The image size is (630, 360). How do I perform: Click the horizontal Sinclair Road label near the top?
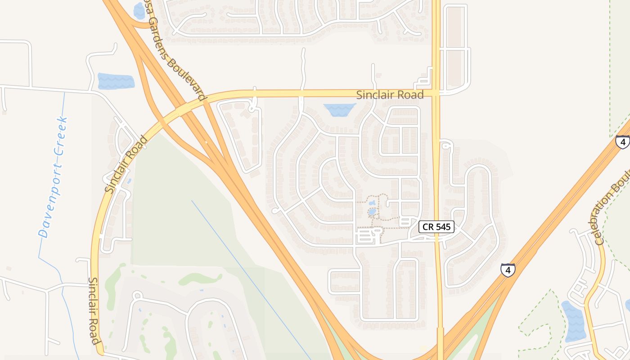coord(390,95)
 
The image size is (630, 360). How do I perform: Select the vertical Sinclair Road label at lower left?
coord(94,310)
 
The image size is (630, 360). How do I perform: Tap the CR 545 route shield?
coord(436,227)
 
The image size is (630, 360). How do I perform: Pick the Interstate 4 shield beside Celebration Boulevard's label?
coord(622,142)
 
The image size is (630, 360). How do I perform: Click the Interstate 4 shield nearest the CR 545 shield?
coord(508,270)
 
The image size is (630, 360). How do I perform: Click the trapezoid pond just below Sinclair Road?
coord(339,109)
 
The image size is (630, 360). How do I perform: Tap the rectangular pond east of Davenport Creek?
coord(116,81)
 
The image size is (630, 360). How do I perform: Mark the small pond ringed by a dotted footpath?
coord(372,211)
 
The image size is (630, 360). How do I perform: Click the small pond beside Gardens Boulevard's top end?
coord(139,11)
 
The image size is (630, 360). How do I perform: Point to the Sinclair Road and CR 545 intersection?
coord(436,93)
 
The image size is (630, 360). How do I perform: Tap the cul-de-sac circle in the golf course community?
coord(137,296)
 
